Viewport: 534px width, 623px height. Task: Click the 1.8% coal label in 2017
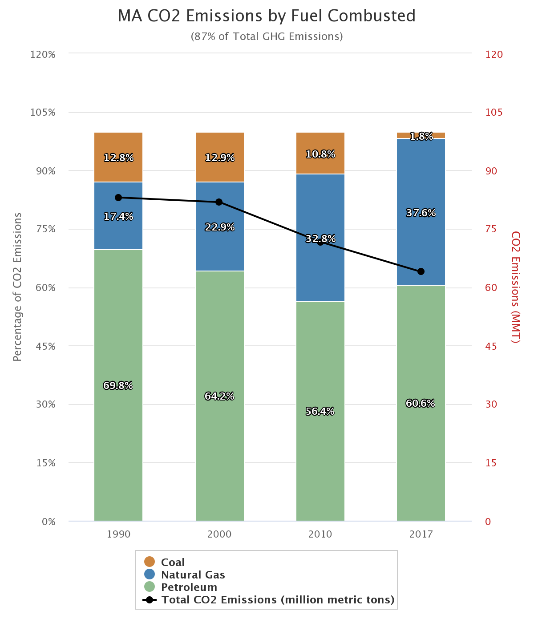[x=421, y=137]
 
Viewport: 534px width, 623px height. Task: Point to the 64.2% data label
[x=219, y=396]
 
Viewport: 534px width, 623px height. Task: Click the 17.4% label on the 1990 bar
[x=118, y=217]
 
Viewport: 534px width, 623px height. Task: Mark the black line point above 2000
[x=219, y=202]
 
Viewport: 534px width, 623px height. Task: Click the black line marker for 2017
[x=421, y=271]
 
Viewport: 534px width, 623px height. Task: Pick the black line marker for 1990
[x=118, y=198]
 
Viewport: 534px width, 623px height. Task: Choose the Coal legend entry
[x=173, y=562]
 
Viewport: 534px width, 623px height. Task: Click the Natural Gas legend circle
[x=150, y=574]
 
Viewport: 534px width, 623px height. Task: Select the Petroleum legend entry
[x=189, y=587]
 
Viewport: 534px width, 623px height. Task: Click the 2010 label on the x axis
[x=320, y=534]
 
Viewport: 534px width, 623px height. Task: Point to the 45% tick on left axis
[x=46, y=346]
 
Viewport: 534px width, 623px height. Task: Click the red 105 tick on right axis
[x=494, y=112]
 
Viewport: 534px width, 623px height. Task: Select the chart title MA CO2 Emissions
[x=267, y=16]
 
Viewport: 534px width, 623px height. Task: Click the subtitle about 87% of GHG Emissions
[x=267, y=36]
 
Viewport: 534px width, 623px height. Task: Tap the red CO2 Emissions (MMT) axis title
[x=515, y=287]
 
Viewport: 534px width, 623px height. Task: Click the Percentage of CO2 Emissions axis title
[x=17, y=287]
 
